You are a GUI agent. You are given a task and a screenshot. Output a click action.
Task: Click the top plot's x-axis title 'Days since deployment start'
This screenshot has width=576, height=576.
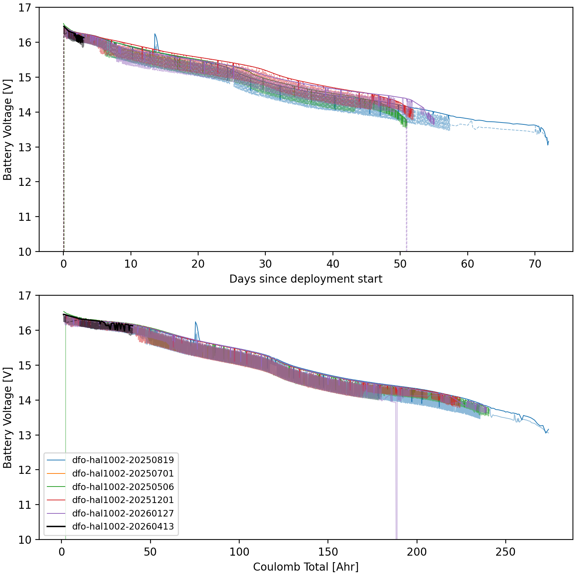click(306, 279)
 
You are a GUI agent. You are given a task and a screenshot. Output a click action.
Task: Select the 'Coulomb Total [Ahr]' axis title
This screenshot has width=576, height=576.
click(306, 567)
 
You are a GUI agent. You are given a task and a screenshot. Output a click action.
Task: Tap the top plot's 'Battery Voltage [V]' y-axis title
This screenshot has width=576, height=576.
click(8, 130)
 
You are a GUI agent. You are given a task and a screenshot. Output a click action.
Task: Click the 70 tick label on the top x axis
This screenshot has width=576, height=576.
click(535, 264)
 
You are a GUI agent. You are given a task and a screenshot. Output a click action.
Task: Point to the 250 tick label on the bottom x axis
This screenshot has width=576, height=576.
click(505, 552)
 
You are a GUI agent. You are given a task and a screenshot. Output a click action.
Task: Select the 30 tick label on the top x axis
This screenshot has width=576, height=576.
click(265, 264)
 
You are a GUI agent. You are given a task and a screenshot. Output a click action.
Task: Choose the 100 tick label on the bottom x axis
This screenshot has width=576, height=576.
click(239, 552)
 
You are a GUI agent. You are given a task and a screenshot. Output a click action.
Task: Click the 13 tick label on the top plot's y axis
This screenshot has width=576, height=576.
click(25, 147)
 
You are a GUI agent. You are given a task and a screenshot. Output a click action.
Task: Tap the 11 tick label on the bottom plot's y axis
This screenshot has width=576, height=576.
click(25, 505)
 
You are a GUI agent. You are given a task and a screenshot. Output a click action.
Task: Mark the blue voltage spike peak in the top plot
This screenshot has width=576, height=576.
click(155, 34)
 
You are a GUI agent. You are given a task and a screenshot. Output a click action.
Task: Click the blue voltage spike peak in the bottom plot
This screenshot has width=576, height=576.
click(195, 322)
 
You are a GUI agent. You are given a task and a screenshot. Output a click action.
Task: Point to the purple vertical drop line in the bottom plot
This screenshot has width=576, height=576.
click(396, 480)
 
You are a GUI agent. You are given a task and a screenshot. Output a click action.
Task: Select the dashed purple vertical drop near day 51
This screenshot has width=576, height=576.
click(406, 192)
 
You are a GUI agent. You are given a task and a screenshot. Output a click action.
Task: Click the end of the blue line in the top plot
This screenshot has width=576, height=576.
click(548, 142)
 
